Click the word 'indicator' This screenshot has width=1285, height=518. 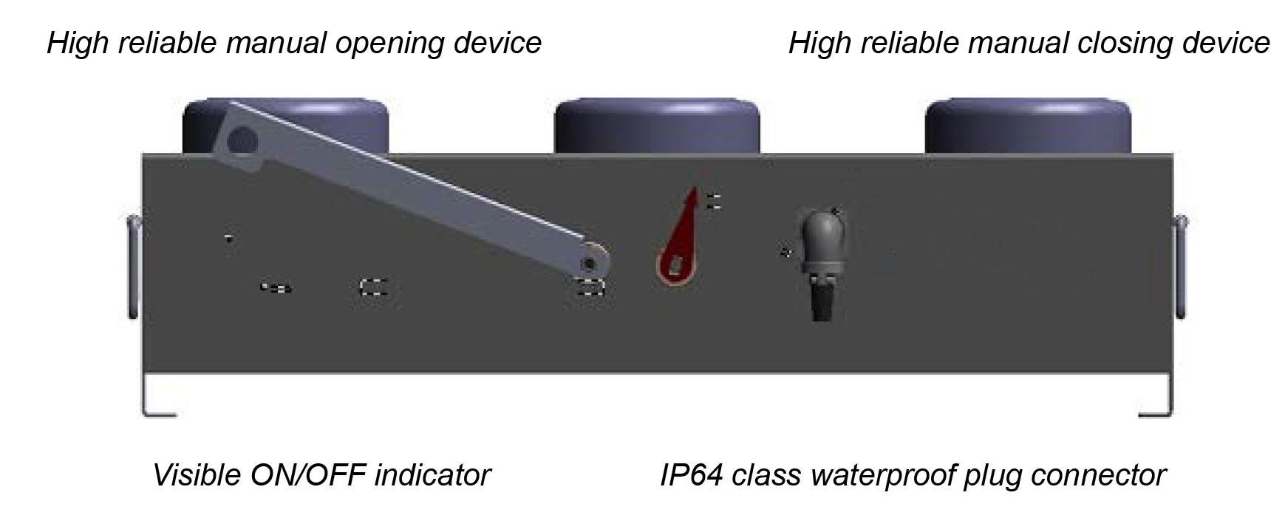432,474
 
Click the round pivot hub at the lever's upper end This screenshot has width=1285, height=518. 240,139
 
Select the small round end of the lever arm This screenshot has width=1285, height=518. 590,262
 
